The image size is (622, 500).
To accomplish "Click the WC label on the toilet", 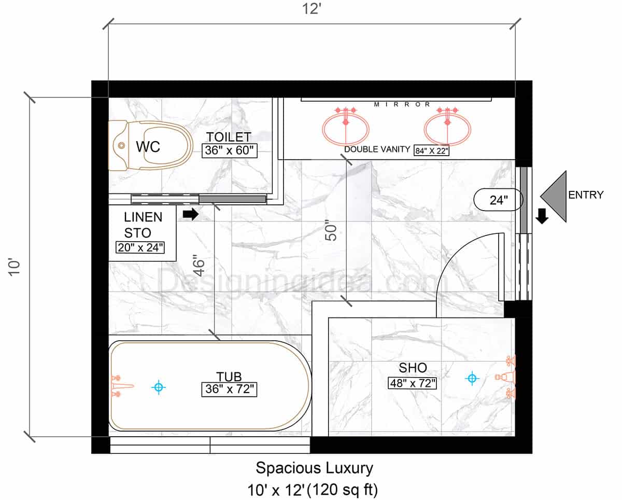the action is point(148,147).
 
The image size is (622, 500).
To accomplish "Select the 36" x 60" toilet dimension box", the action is point(230,150).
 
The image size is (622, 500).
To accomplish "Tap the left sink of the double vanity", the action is point(346,129).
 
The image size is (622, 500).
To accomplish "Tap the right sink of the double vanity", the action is point(447,129).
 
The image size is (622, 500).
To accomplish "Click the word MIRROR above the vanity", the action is point(402,104).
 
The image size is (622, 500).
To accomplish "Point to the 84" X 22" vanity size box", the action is point(432,150).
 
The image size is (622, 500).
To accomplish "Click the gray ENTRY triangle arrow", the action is point(554,197).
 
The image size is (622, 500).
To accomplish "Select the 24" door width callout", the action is point(499,200).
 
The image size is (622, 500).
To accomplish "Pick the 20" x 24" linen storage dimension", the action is point(140,247).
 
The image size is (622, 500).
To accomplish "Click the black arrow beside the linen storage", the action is point(191,215).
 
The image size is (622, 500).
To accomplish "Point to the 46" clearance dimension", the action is point(199,266).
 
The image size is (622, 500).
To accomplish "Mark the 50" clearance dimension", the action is point(331,230).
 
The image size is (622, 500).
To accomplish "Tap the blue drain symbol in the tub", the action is point(159,387).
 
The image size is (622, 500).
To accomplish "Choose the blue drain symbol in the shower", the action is point(472,378).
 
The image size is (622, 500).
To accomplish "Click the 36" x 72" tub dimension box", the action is point(229,389).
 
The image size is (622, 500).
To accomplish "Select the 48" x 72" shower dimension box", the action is point(412,383).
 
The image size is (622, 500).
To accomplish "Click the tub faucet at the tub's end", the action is point(121,386).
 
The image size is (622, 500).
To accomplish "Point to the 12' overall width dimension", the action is point(312,9).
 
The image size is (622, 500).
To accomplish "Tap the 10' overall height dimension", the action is point(15,267).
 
